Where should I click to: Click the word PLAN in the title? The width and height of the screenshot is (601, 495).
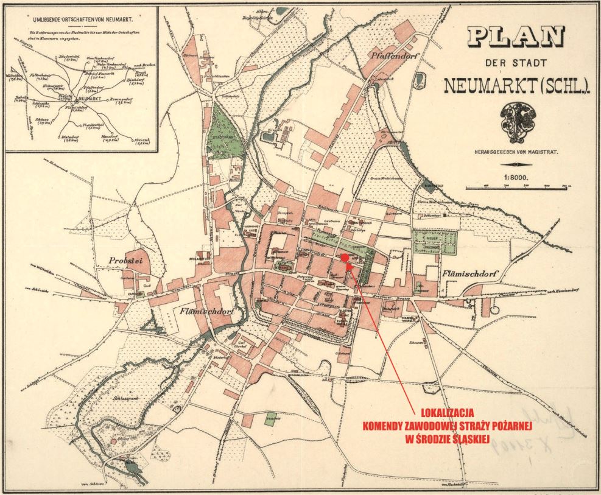[x=515, y=39]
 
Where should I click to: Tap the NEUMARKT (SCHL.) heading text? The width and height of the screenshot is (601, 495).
[x=517, y=86]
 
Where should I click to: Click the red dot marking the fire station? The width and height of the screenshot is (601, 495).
[x=344, y=258]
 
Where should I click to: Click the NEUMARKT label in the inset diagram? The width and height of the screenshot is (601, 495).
[x=90, y=98]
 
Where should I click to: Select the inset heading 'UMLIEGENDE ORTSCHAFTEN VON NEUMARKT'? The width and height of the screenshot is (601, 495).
[x=80, y=20]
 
